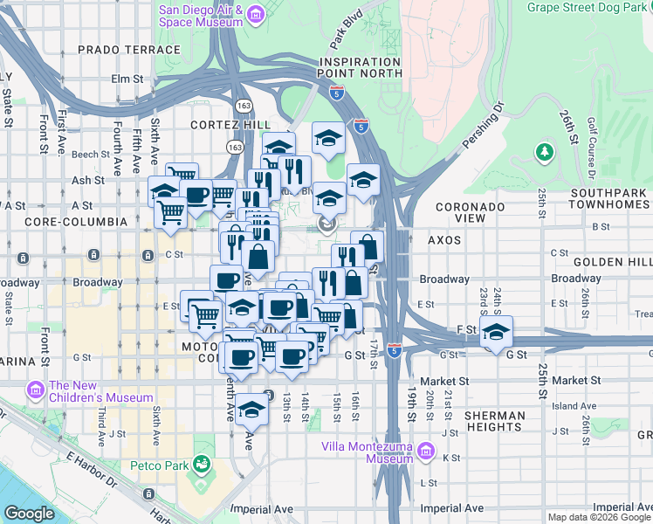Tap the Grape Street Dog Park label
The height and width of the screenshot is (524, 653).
point(588,8)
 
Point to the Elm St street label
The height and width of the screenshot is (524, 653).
point(127,79)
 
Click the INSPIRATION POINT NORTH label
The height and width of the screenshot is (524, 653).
point(361,68)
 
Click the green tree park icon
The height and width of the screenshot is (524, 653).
point(546,153)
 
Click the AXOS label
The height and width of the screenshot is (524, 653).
point(444,238)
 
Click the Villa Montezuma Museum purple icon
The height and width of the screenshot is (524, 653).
point(426,452)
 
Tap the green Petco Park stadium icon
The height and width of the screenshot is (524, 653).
point(203,463)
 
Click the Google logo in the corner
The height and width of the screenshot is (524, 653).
point(29,513)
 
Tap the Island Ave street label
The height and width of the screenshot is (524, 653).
point(573,406)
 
